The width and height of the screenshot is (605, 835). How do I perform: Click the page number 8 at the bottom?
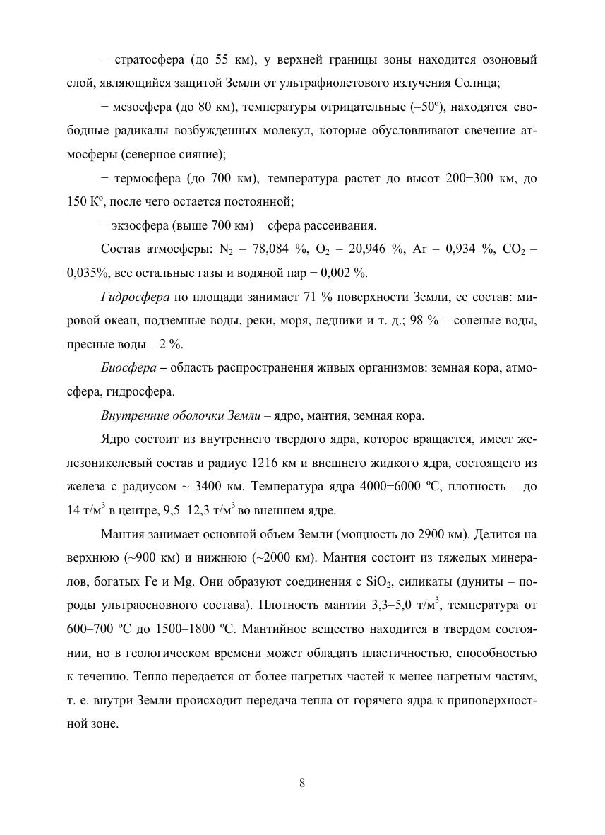click(302, 782)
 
